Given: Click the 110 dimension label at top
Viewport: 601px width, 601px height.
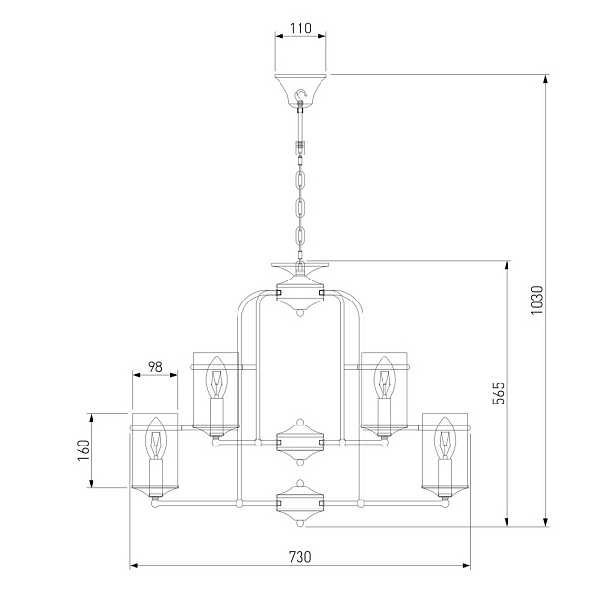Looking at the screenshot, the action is click(300, 29).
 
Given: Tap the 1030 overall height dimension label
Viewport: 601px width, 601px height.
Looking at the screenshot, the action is click(537, 300).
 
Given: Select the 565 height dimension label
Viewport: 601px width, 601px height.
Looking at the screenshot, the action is click(499, 393).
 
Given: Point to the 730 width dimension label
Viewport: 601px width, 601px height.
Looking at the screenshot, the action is click(300, 557).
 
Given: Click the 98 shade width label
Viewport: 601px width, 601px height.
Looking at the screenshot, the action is click(155, 367).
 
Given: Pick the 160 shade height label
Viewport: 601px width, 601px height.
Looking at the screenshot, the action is click(84, 450).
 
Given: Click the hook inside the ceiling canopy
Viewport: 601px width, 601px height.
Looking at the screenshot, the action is click(301, 95).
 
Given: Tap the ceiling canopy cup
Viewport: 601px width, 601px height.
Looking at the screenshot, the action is click(300, 90).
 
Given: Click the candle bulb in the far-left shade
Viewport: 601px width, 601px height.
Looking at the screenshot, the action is click(156, 438).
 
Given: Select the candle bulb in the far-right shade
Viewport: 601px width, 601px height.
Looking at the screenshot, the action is click(445, 438).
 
